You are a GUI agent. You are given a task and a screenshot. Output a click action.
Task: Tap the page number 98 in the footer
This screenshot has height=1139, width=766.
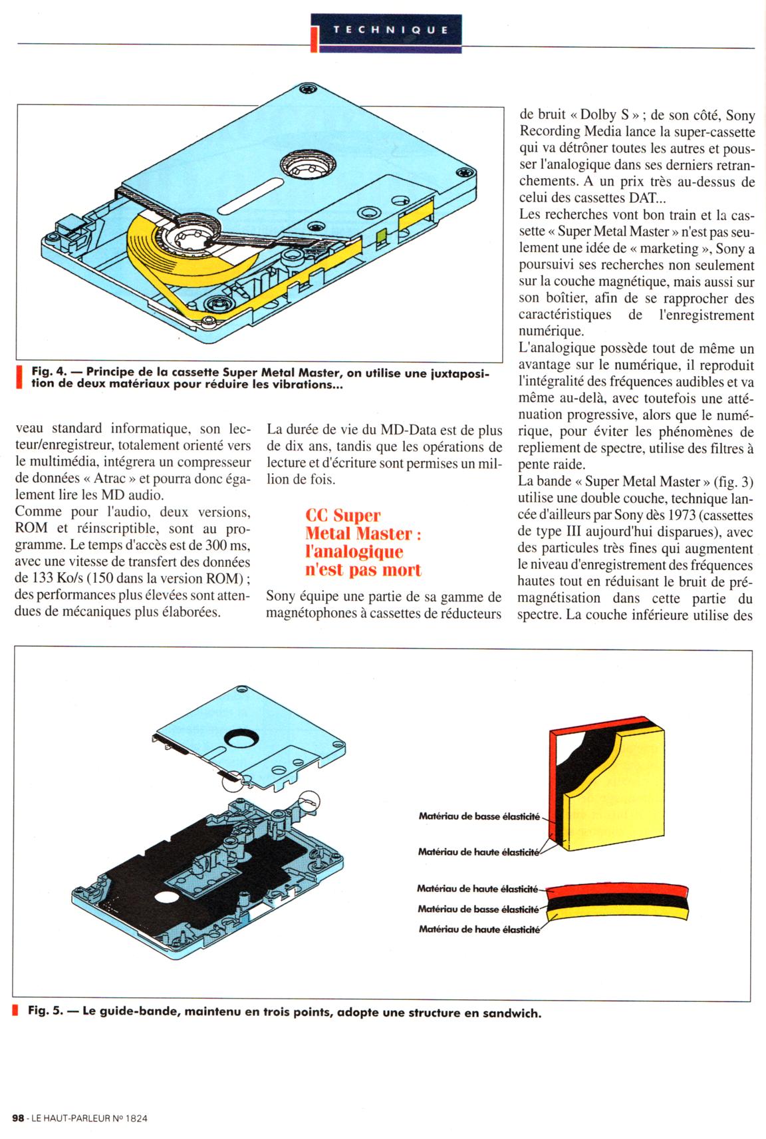(18, 1118)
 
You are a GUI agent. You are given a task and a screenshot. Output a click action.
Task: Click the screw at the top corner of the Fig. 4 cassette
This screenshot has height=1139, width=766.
(306, 88)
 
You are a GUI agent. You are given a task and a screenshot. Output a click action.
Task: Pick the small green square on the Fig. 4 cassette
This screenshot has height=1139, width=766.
(381, 236)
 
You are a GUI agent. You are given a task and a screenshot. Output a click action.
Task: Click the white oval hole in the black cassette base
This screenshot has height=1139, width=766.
(167, 897)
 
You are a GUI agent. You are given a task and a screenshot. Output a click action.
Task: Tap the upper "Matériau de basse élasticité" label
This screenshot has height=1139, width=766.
(479, 816)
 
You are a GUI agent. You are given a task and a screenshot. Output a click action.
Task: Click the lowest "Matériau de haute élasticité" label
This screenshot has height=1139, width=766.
(479, 929)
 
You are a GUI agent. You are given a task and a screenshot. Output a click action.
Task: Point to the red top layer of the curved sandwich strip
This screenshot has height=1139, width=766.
(618, 890)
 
